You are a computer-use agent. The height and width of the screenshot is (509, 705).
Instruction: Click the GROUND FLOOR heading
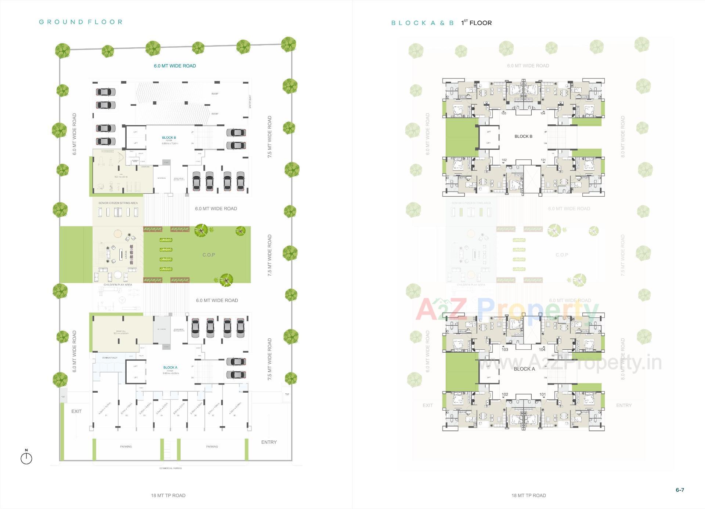pos(80,22)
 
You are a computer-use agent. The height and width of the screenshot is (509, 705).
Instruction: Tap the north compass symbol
pos(26,458)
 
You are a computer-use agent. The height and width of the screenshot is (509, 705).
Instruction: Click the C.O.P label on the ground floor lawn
pos(209,255)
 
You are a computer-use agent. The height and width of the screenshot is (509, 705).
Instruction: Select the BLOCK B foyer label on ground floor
pos(169,138)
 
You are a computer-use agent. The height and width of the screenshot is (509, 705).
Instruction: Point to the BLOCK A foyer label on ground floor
pos(170,367)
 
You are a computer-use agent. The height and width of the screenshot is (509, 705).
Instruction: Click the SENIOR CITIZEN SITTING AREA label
pos(118,203)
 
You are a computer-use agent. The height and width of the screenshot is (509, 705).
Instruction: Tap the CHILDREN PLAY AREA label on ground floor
pos(117,285)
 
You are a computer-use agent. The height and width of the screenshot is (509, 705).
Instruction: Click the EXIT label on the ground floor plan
pos(76,411)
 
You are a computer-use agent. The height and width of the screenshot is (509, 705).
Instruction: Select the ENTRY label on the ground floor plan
pos(269,442)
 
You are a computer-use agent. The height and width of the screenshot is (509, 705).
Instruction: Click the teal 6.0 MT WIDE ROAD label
pos(175,66)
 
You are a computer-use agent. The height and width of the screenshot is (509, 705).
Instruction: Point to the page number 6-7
pos(680,490)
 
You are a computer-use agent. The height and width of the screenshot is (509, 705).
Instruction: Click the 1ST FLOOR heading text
pos(477,23)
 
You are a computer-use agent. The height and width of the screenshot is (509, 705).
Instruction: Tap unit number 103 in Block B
pos(504,113)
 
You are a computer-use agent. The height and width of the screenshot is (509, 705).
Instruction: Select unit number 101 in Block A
pos(542,395)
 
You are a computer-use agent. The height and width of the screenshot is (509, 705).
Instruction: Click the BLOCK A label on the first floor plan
pos(524,369)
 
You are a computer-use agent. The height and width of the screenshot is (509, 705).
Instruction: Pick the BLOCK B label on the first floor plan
pos(523,137)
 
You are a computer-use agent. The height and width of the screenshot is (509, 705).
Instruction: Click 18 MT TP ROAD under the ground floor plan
pos(168,495)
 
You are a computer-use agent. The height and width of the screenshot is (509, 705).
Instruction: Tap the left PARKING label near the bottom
pos(126,447)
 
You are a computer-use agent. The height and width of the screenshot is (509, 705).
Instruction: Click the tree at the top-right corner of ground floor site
pos(289,44)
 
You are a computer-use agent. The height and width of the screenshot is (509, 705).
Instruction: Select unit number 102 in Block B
pos(504,160)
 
